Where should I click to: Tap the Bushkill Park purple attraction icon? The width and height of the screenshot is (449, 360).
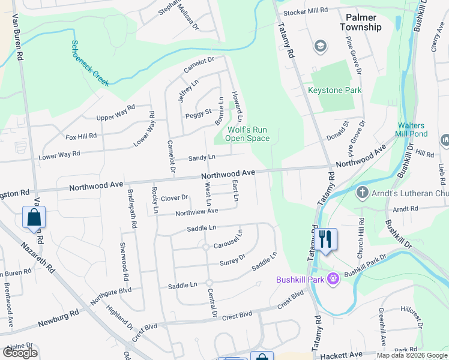point(334,279)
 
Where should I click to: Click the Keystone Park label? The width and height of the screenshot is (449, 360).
point(335,90)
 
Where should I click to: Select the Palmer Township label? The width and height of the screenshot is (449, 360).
point(360,22)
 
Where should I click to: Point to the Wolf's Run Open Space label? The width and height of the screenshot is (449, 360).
point(247,134)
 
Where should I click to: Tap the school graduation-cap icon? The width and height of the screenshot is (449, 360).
point(320,46)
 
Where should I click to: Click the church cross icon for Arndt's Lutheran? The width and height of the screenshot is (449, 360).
point(362,193)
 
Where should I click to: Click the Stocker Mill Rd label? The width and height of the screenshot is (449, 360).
point(306,10)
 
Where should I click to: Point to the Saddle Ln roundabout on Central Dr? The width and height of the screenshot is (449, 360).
point(209,283)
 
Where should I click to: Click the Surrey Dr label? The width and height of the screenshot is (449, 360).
point(233,260)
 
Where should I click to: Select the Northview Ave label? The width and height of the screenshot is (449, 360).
point(197,212)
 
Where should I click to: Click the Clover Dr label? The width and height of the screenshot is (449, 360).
point(175,197)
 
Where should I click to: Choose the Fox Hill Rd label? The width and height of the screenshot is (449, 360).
point(81,137)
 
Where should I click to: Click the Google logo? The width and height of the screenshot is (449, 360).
point(20,353)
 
